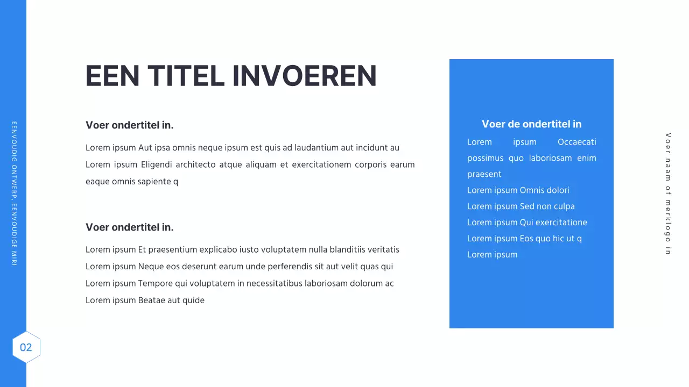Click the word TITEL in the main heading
coord(186,76)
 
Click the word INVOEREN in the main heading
coord(305,76)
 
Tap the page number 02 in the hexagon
coord(26,347)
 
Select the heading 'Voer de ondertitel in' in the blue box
coord(531,124)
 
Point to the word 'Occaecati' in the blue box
coord(576,142)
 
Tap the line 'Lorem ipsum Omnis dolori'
coord(518,190)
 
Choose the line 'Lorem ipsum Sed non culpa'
coord(521,206)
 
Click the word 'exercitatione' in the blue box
coord(561,223)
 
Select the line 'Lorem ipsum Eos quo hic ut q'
coord(524,239)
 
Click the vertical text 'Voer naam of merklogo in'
coord(668,193)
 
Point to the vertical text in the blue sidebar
coord(14,193)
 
